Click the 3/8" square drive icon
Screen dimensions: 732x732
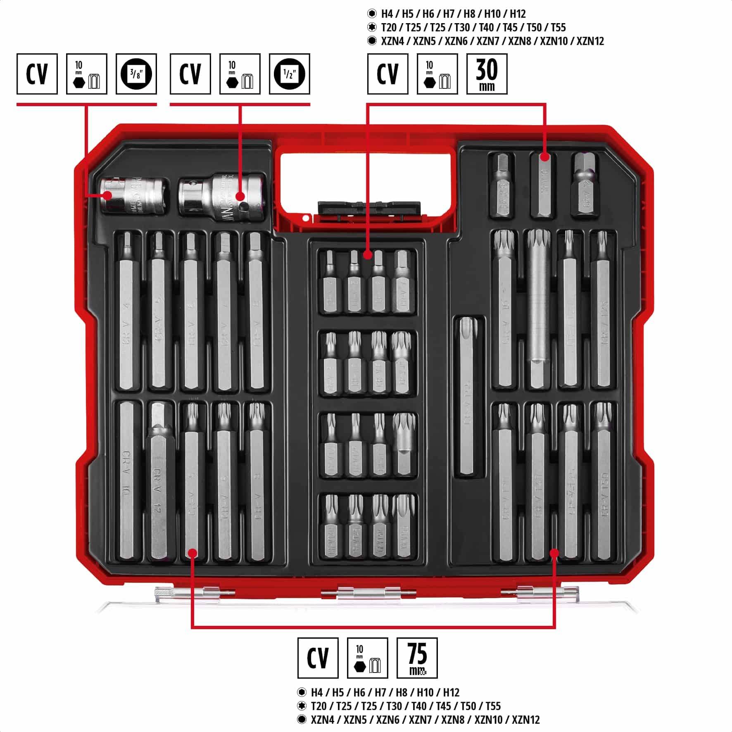point(136,74)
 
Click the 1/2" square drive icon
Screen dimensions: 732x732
point(289,74)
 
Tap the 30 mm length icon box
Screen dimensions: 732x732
point(487,74)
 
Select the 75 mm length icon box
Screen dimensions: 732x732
point(417,658)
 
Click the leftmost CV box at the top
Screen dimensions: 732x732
point(37,74)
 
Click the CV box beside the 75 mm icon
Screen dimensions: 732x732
point(318,658)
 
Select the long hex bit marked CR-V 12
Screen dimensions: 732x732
point(159,481)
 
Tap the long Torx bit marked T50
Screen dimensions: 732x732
point(603,481)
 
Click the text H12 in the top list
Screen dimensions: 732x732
point(518,14)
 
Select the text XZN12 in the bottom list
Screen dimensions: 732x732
point(525,720)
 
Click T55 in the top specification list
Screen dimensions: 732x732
point(558,28)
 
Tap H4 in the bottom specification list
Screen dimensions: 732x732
point(317,692)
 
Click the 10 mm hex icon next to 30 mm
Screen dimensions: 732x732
point(437,74)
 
